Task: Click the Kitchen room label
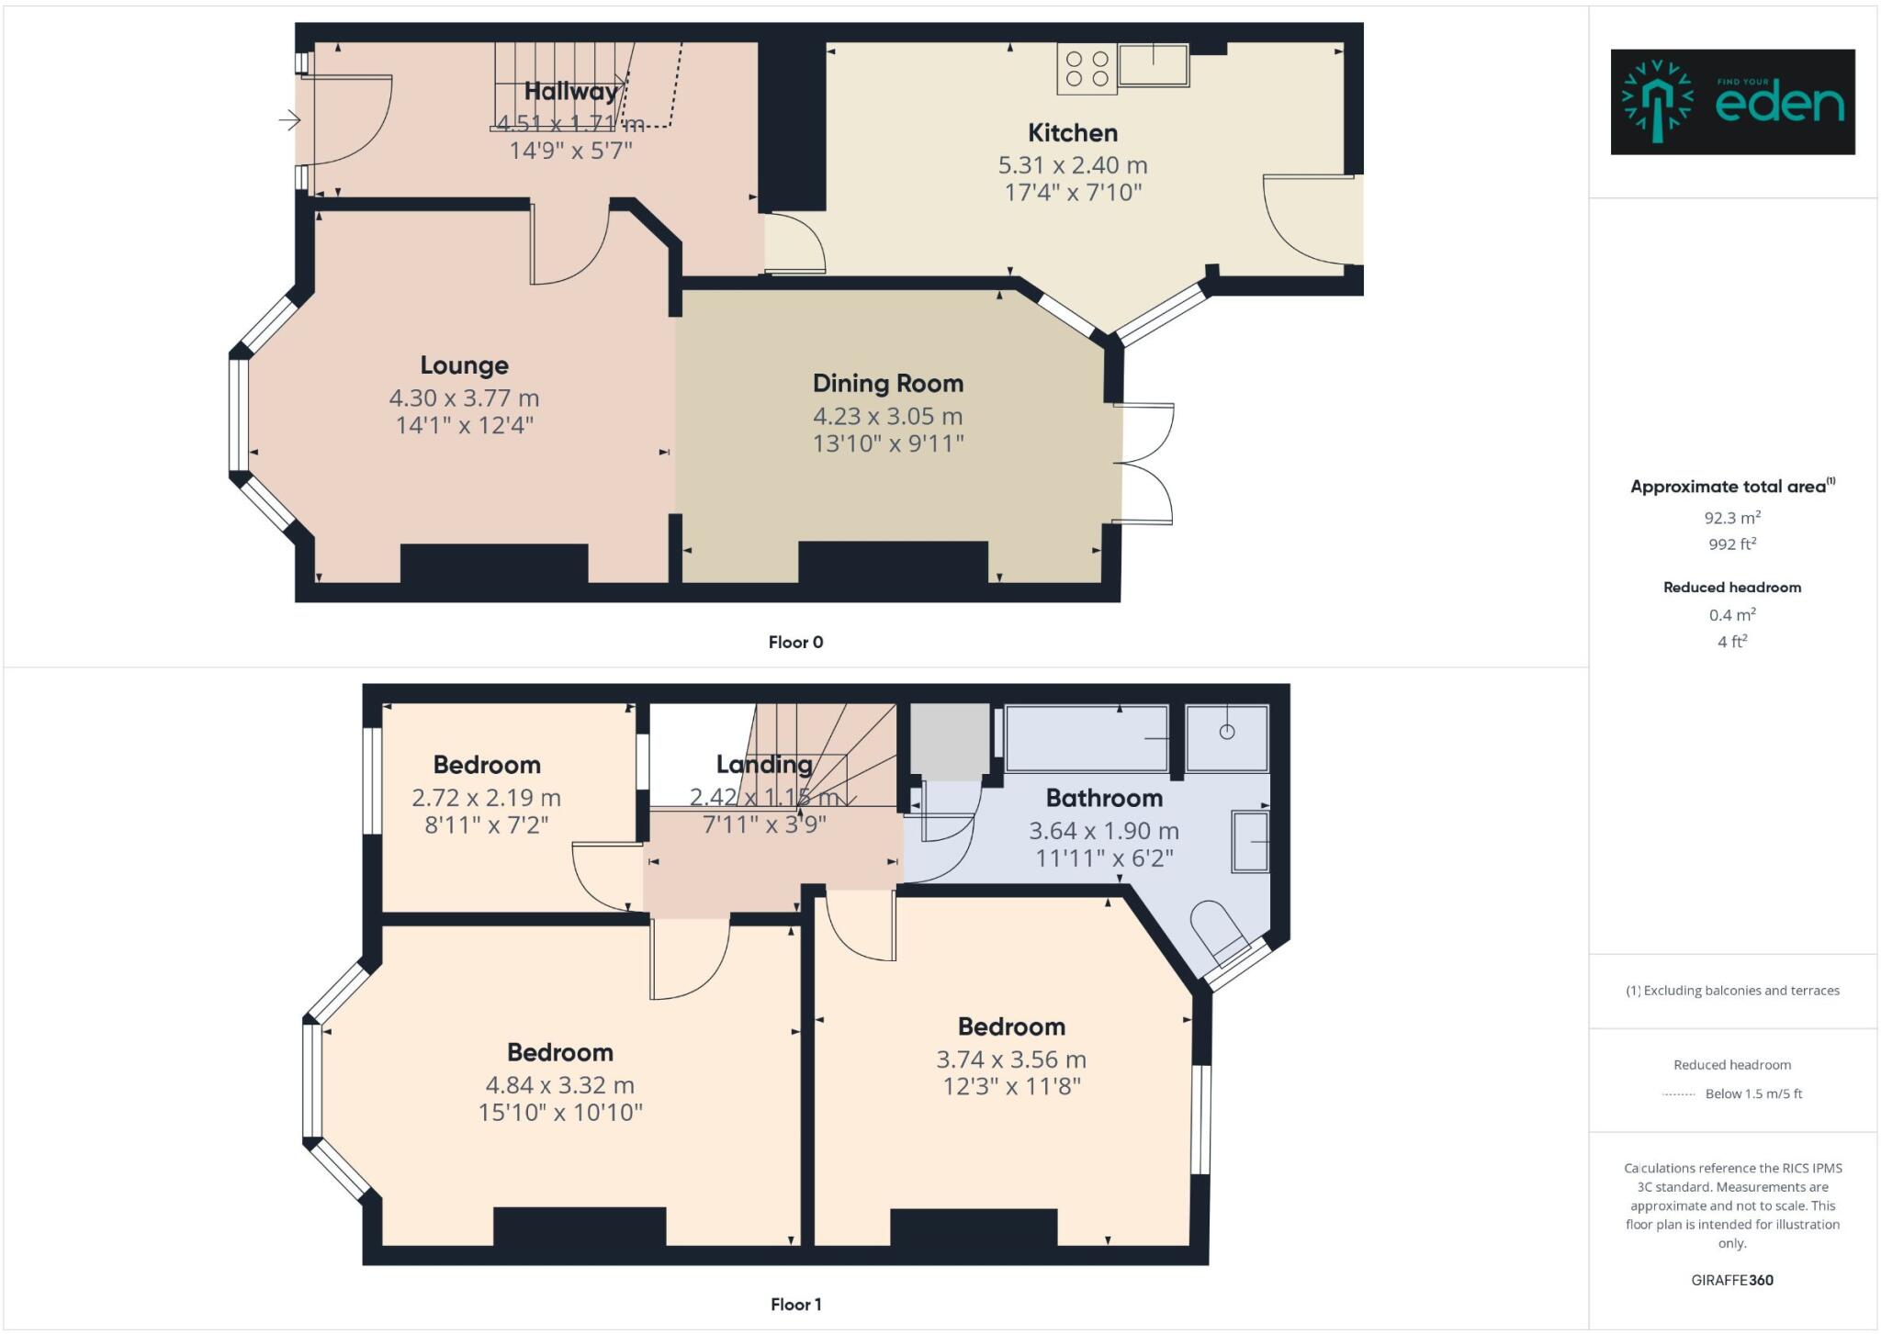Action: (1072, 133)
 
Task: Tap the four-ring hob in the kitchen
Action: (1087, 69)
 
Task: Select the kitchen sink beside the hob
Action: (1154, 65)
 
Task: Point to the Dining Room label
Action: (887, 384)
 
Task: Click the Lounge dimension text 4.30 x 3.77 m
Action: (464, 398)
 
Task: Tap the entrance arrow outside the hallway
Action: (290, 119)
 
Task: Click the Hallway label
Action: (570, 92)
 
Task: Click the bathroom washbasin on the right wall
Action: (1249, 841)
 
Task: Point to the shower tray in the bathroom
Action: (1226, 738)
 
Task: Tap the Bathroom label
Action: (1104, 798)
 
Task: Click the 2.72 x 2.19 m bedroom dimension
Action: (486, 798)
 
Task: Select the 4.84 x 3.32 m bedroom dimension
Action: (559, 1085)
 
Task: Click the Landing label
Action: (764, 764)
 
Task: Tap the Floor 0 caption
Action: (795, 643)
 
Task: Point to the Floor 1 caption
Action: (795, 1305)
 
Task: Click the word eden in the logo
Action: (1779, 105)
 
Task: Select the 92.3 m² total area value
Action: (1732, 518)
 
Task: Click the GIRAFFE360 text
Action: (1732, 1280)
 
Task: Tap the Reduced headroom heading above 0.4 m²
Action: (1732, 588)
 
